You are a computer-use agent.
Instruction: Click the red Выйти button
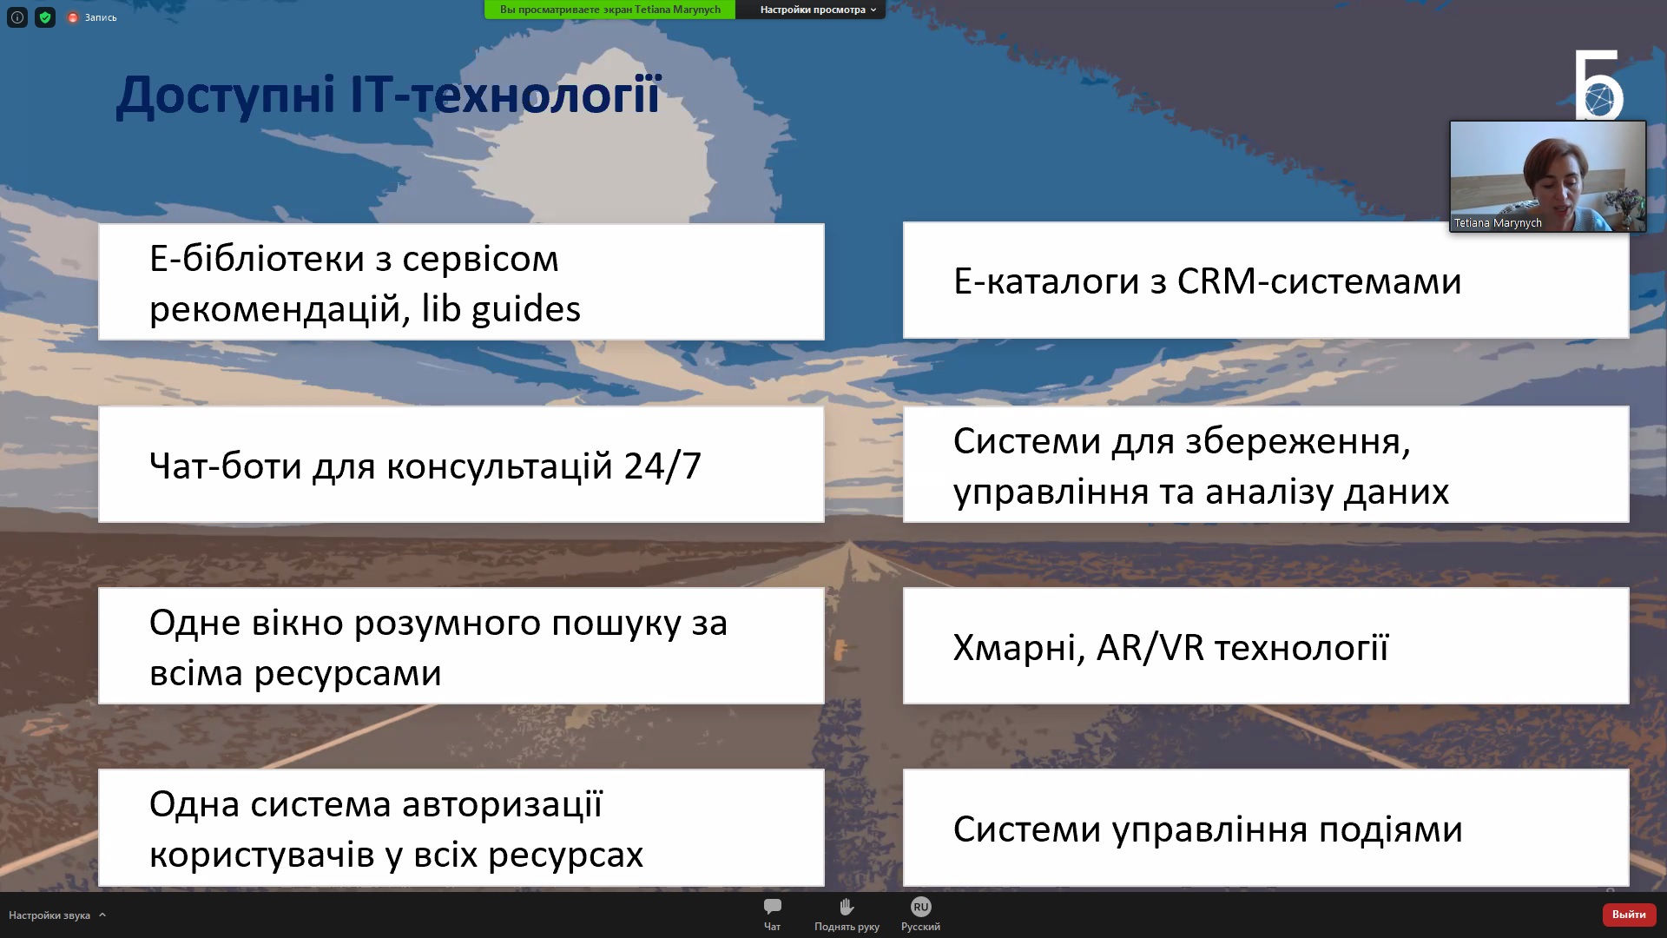pyautogui.click(x=1629, y=915)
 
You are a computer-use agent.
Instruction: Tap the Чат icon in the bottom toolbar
pyautogui.click(x=772, y=907)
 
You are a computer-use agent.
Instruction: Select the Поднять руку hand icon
pyautogui.click(x=847, y=907)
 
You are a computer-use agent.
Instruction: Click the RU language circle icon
pyautogui.click(x=920, y=907)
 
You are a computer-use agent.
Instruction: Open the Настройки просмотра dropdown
pyautogui.click(x=818, y=10)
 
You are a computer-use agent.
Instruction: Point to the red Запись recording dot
pyautogui.click(x=73, y=17)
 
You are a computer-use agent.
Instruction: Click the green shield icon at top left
pyautogui.click(x=45, y=17)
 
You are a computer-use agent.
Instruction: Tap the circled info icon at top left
pyautogui.click(x=17, y=17)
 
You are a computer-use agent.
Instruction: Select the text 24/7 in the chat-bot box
pyautogui.click(x=662, y=466)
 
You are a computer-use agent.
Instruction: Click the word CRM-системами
pyautogui.click(x=1319, y=281)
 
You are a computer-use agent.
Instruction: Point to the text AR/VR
pyautogui.click(x=1150, y=648)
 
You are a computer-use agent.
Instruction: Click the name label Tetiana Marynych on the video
pyautogui.click(x=1498, y=223)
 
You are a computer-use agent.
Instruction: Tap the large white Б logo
pyautogui.click(x=1598, y=84)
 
